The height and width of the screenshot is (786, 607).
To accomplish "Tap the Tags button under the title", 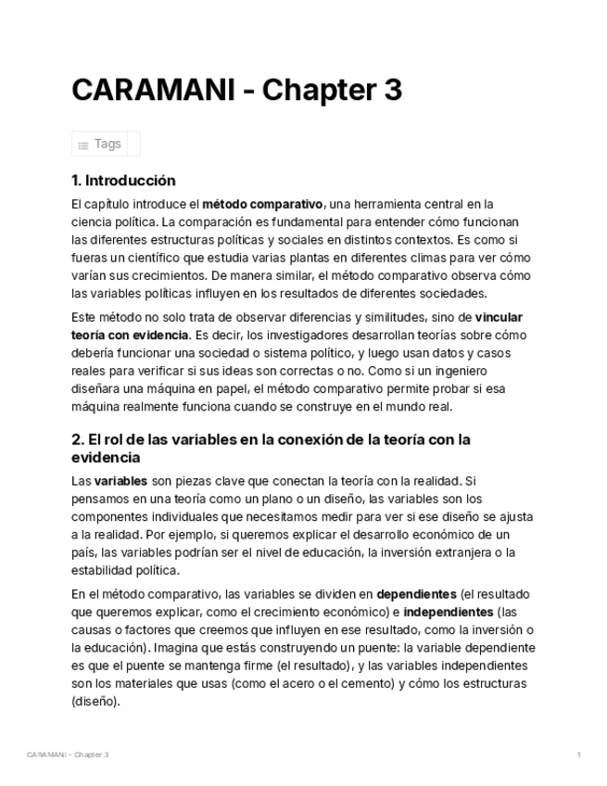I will pos(106,144).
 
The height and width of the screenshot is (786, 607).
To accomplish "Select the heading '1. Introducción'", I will pos(123,180).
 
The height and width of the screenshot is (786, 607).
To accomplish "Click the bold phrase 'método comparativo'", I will pos(262,204).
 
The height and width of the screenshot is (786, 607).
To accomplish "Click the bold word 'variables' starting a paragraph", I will pos(120,481).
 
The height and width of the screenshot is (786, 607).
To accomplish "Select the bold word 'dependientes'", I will pos(416,593).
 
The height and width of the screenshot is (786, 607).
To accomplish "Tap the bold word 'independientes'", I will pos(448,612).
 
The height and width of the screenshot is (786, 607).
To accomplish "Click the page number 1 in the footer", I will pos(578,754).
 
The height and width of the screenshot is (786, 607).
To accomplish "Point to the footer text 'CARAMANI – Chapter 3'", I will pos(68,754).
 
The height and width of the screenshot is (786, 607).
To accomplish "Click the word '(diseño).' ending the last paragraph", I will pos(95,701).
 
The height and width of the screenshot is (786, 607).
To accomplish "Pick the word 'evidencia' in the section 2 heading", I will pos(106,458).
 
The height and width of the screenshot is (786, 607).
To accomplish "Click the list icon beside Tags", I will pos(83,145).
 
